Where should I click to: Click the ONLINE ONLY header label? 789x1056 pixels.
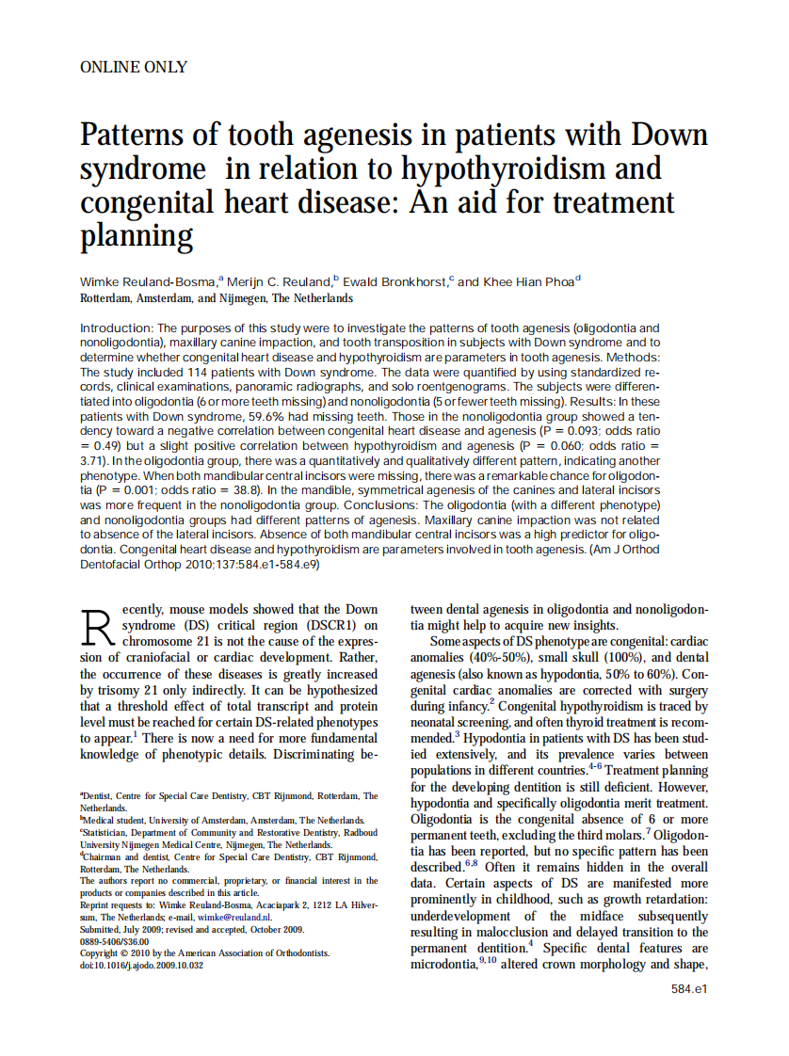[134, 67]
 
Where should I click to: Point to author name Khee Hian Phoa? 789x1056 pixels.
[528, 281]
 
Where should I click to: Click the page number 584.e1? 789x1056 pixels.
[688, 989]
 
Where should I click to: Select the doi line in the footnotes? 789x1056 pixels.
[140, 965]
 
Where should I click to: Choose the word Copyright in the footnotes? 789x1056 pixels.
[104, 952]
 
